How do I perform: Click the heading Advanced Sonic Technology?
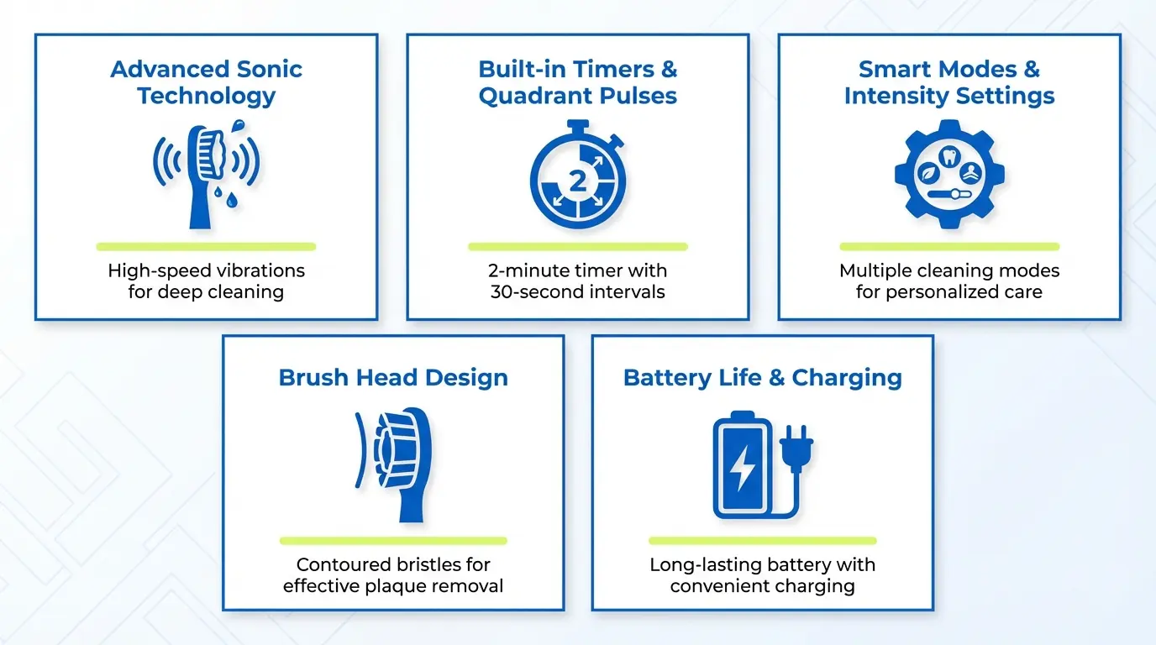pyautogui.click(x=206, y=82)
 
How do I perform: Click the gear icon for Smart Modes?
pyautogui.click(x=949, y=175)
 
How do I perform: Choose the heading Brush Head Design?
pyautogui.click(x=393, y=377)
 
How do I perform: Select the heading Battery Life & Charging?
pyautogui.click(x=763, y=377)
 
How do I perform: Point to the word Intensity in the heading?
pyautogui.click(x=893, y=96)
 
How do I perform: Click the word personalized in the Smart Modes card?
pyautogui.click(x=965, y=292)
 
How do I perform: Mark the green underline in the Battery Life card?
pyautogui.click(x=763, y=541)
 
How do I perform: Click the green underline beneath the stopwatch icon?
pyautogui.click(x=578, y=247)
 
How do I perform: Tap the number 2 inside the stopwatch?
pyautogui.click(x=578, y=180)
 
